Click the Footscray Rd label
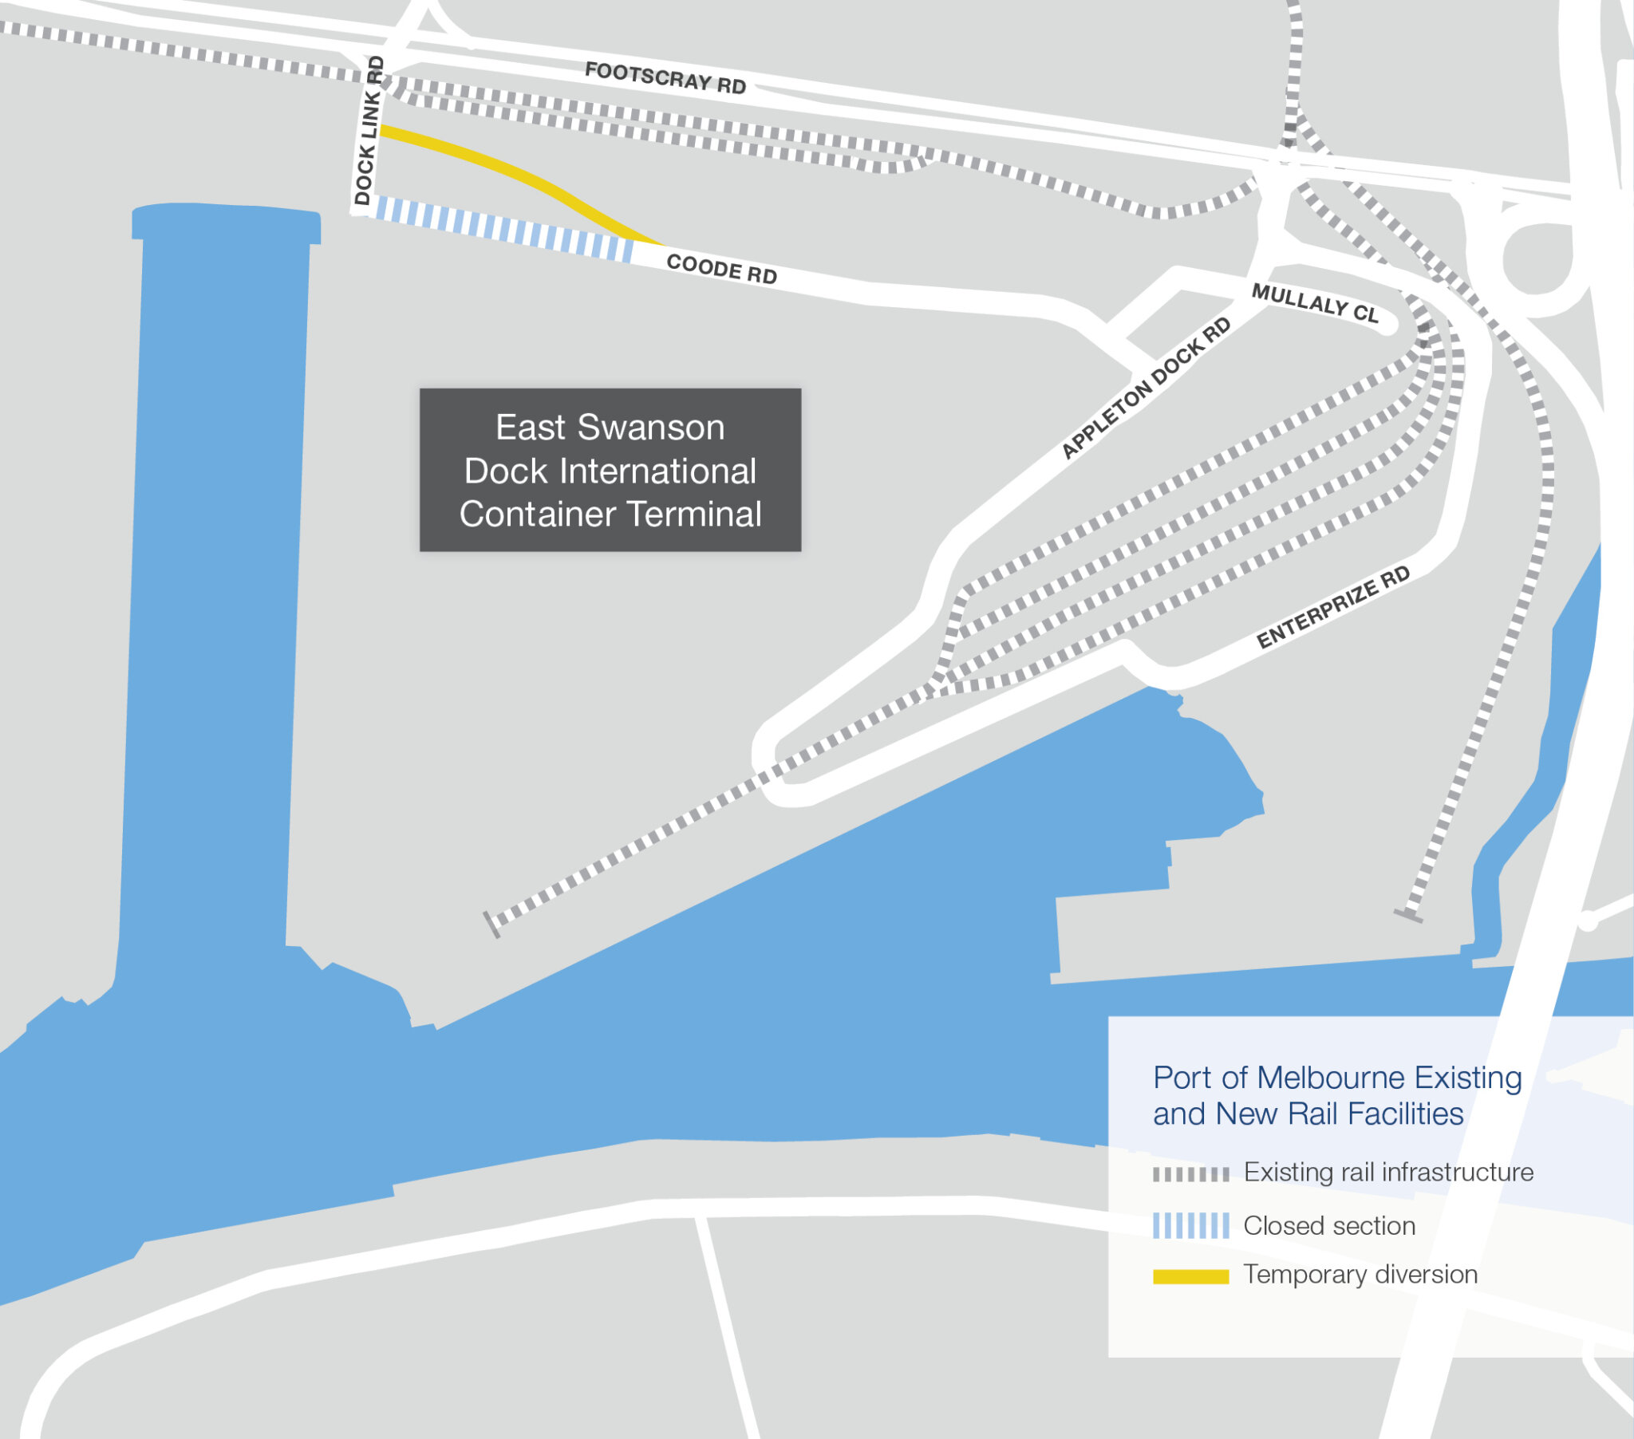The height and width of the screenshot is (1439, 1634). pyautogui.click(x=665, y=77)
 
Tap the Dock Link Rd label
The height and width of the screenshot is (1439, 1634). pyautogui.click(x=369, y=130)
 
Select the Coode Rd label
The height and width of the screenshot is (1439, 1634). pyautogui.click(x=721, y=269)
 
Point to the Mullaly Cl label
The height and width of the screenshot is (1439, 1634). pyautogui.click(x=1315, y=303)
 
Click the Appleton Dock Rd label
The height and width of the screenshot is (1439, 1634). pyautogui.click(x=1146, y=388)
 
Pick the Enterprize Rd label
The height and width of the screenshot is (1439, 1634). pyautogui.click(x=1332, y=608)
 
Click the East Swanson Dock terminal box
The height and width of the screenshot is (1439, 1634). pyautogui.click(x=610, y=470)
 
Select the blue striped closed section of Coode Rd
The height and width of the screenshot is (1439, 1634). pyautogui.click(x=503, y=230)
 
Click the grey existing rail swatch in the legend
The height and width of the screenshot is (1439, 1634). pyautogui.click(x=1190, y=1174)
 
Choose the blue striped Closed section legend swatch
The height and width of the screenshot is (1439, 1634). pyautogui.click(x=1190, y=1225)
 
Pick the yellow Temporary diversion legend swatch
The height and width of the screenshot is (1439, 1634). pyautogui.click(x=1190, y=1277)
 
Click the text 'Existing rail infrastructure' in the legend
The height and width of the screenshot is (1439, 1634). pyautogui.click(x=1388, y=1173)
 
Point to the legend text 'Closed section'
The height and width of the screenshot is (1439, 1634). pyautogui.click(x=1328, y=1225)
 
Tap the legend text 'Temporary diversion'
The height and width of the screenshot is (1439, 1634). pyautogui.click(x=1360, y=1275)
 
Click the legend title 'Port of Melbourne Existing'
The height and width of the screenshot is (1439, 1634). pyautogui.click(x=1336, y=1078)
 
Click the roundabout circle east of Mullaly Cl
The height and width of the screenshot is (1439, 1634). pyautogui.click(x=1536, y=258)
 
